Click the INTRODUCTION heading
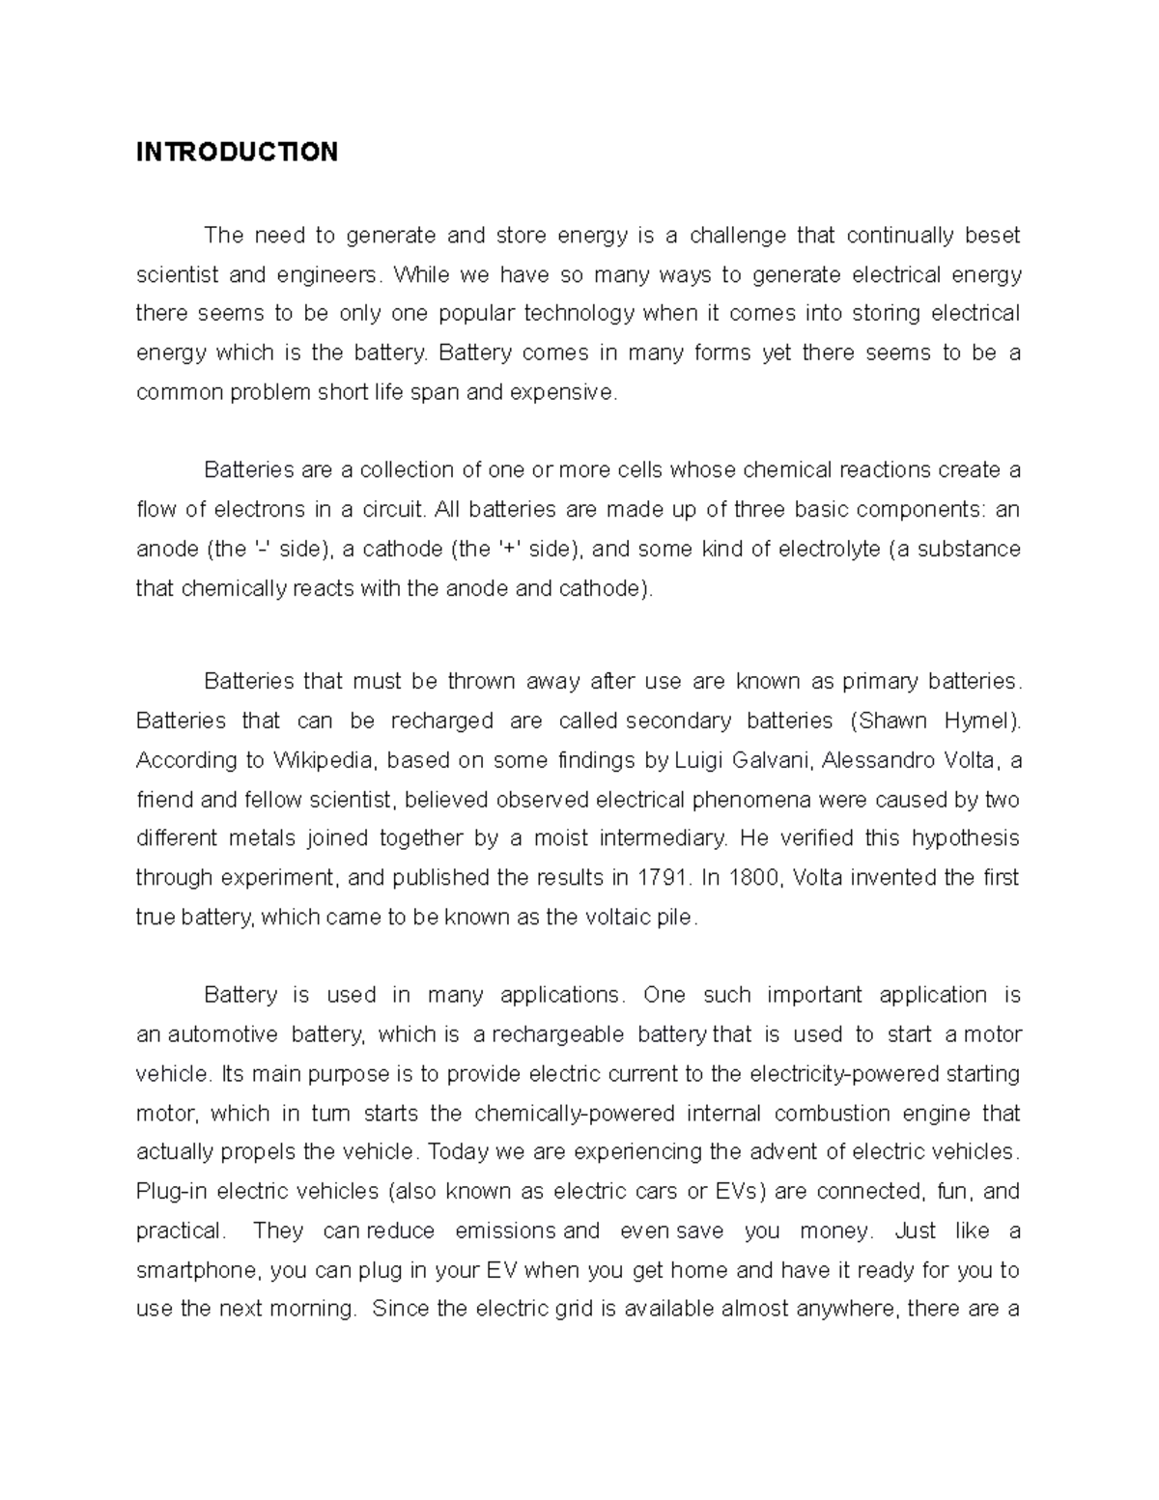(x=237, y=152)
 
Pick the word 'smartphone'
(x=198, y=1270)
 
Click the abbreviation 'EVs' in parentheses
(x=739, y=1191)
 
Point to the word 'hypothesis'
(x=965, y=838)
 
